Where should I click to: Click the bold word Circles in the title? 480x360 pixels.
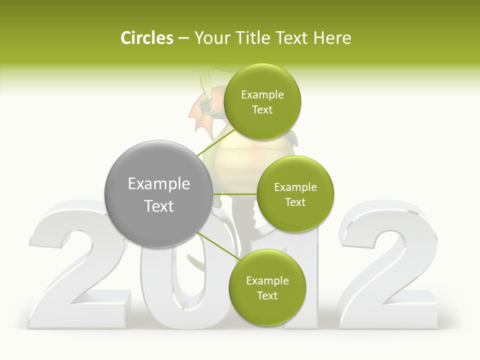click(x=146, y=38)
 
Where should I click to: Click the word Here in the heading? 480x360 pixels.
click(x=333, y=38)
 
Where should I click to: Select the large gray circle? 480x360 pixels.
click(x=158, y=194)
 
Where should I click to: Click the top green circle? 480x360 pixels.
click(x=262, y=102)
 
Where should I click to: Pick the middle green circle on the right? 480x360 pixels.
click(x=295, y=194)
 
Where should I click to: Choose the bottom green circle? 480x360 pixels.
click(x=267, y=288)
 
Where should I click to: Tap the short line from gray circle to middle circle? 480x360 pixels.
click(x=235, y=194)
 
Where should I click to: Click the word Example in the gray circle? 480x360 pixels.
click(x=158, y=184)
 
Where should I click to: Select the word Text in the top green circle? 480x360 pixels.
click(x=262, y=110)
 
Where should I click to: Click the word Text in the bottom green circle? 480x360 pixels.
click(x=267, y=296)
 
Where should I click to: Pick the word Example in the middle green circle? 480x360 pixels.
click(x=295, y=187)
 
